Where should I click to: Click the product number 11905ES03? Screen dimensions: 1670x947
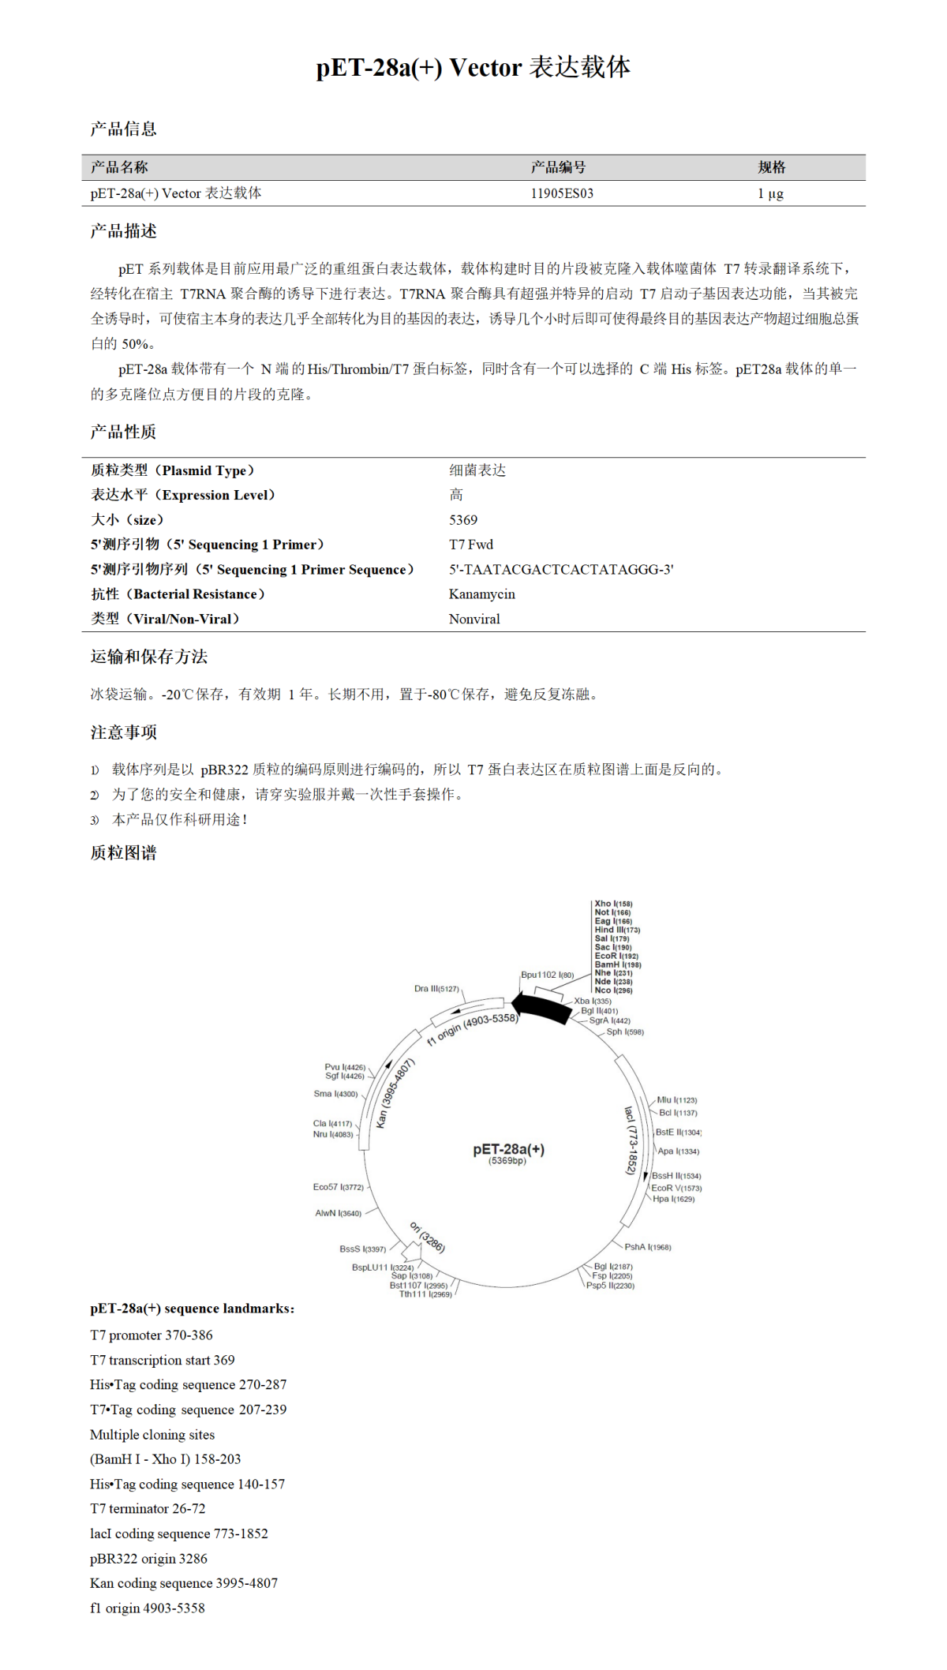coord(561,193)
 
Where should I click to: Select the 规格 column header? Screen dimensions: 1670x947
coord(771,167)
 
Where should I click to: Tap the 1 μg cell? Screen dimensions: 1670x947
coord(770,193)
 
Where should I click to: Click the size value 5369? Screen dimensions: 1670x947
coord(462,520)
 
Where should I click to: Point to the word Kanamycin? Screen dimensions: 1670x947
coord(481,594)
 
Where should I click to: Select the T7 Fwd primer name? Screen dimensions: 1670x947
coord(470,545)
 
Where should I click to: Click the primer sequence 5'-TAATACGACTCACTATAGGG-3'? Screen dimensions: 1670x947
coord(561,570)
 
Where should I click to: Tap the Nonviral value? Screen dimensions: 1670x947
coord(474,620)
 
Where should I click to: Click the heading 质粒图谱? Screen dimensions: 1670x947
coord(123,853)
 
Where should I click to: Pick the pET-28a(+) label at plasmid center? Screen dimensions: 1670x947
coord(508,1150)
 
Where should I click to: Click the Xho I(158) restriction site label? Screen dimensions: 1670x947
coord(613,904)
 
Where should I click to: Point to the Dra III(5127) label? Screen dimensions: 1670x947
coord(436,989)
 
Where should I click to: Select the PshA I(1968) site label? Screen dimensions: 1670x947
coord(647,1247)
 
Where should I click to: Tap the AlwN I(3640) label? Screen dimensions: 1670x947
coord(338,1213)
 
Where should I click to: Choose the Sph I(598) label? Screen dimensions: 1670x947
coord(624,1032)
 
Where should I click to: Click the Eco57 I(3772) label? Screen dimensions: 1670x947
coord(338,1187)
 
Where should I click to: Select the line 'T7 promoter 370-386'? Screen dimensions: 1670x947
coord(152,1335)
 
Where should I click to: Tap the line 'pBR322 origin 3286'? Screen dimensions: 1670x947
coord(148,1559)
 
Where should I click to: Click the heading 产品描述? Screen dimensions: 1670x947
coord(123,231)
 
